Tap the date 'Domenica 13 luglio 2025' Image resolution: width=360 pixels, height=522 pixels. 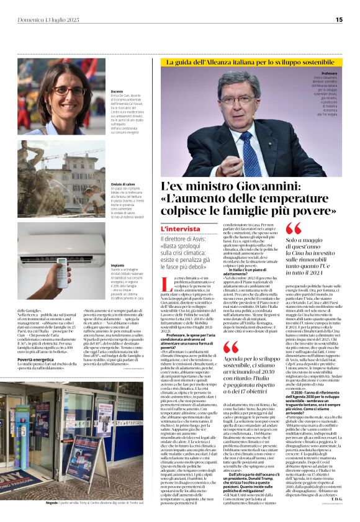point(48,20)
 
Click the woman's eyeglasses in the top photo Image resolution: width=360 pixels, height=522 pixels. point(69,91)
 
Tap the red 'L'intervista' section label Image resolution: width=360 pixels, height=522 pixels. point(181,230)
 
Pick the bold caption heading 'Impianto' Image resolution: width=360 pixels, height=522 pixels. point(117,264)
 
